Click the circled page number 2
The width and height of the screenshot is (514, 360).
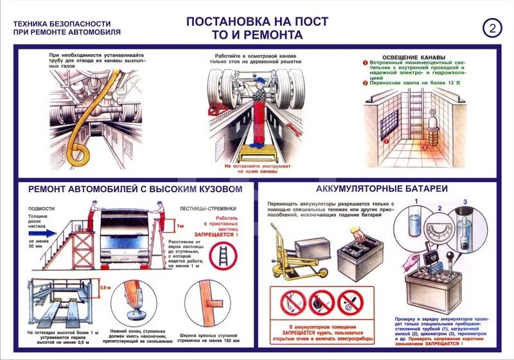(492, 28)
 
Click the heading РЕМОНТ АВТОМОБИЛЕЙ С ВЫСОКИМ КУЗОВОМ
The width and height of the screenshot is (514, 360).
(135, 190)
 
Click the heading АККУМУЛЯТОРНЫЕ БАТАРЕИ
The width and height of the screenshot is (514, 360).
(382, 189)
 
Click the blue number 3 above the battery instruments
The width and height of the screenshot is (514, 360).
(465, 203)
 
